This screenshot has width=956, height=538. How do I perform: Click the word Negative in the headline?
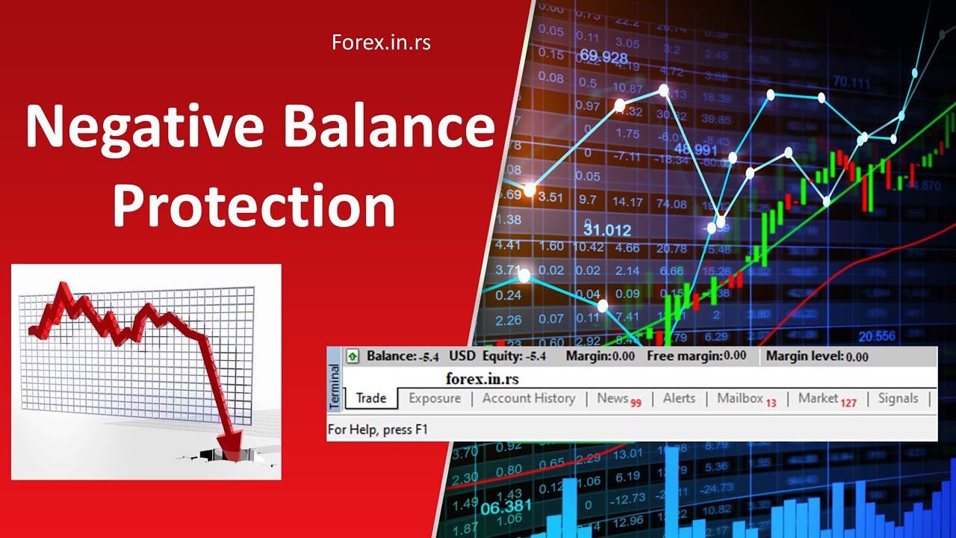click(x=143, y=128)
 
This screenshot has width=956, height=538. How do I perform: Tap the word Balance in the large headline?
click(x=388, y=128)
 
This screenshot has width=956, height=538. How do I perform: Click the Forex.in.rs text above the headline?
click(x=381, y=43)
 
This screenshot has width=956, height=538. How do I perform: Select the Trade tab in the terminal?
click(x=371, y=398)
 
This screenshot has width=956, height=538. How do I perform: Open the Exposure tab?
click(x=435, y=398)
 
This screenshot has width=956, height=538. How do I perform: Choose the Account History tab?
click(x=529, y=398)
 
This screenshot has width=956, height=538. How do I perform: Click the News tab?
click(x=612, y=398)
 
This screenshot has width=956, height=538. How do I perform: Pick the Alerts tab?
click(x=679, y=398)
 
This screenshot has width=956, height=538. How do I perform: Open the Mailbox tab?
click(x=740, y=398)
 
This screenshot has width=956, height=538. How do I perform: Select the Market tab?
click(x=819, y=398)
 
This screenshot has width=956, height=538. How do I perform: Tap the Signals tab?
click(x=898, y=398)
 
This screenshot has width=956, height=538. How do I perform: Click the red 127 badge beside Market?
click(x=848, y=403)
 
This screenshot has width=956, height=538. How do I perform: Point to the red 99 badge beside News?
click(x=636, y=403)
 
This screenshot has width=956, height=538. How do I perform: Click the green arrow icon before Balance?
click(x=353, y=356)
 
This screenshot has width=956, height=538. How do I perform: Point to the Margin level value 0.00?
click(x=857, y=357)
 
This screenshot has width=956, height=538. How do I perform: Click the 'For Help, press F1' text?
click(x=378, y=430)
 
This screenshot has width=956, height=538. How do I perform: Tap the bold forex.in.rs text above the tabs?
click(x=482, y=379)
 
